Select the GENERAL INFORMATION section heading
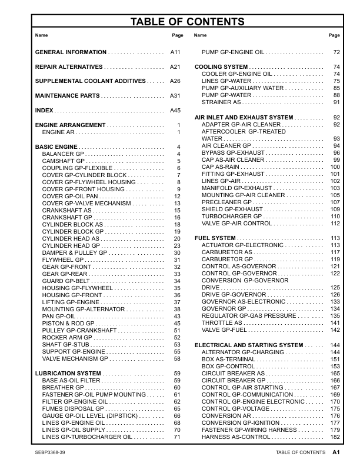71,52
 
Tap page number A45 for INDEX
175,110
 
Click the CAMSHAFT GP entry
64,161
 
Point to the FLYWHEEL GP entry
64,259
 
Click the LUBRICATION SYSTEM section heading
68,373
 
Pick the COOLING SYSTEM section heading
221,67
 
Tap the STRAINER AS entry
221,102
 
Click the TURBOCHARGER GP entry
231,216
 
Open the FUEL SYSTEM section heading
216,238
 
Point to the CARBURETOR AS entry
227,252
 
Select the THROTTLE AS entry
222,322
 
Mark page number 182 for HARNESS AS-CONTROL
335,437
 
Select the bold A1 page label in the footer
336,452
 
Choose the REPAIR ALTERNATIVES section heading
69,66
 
